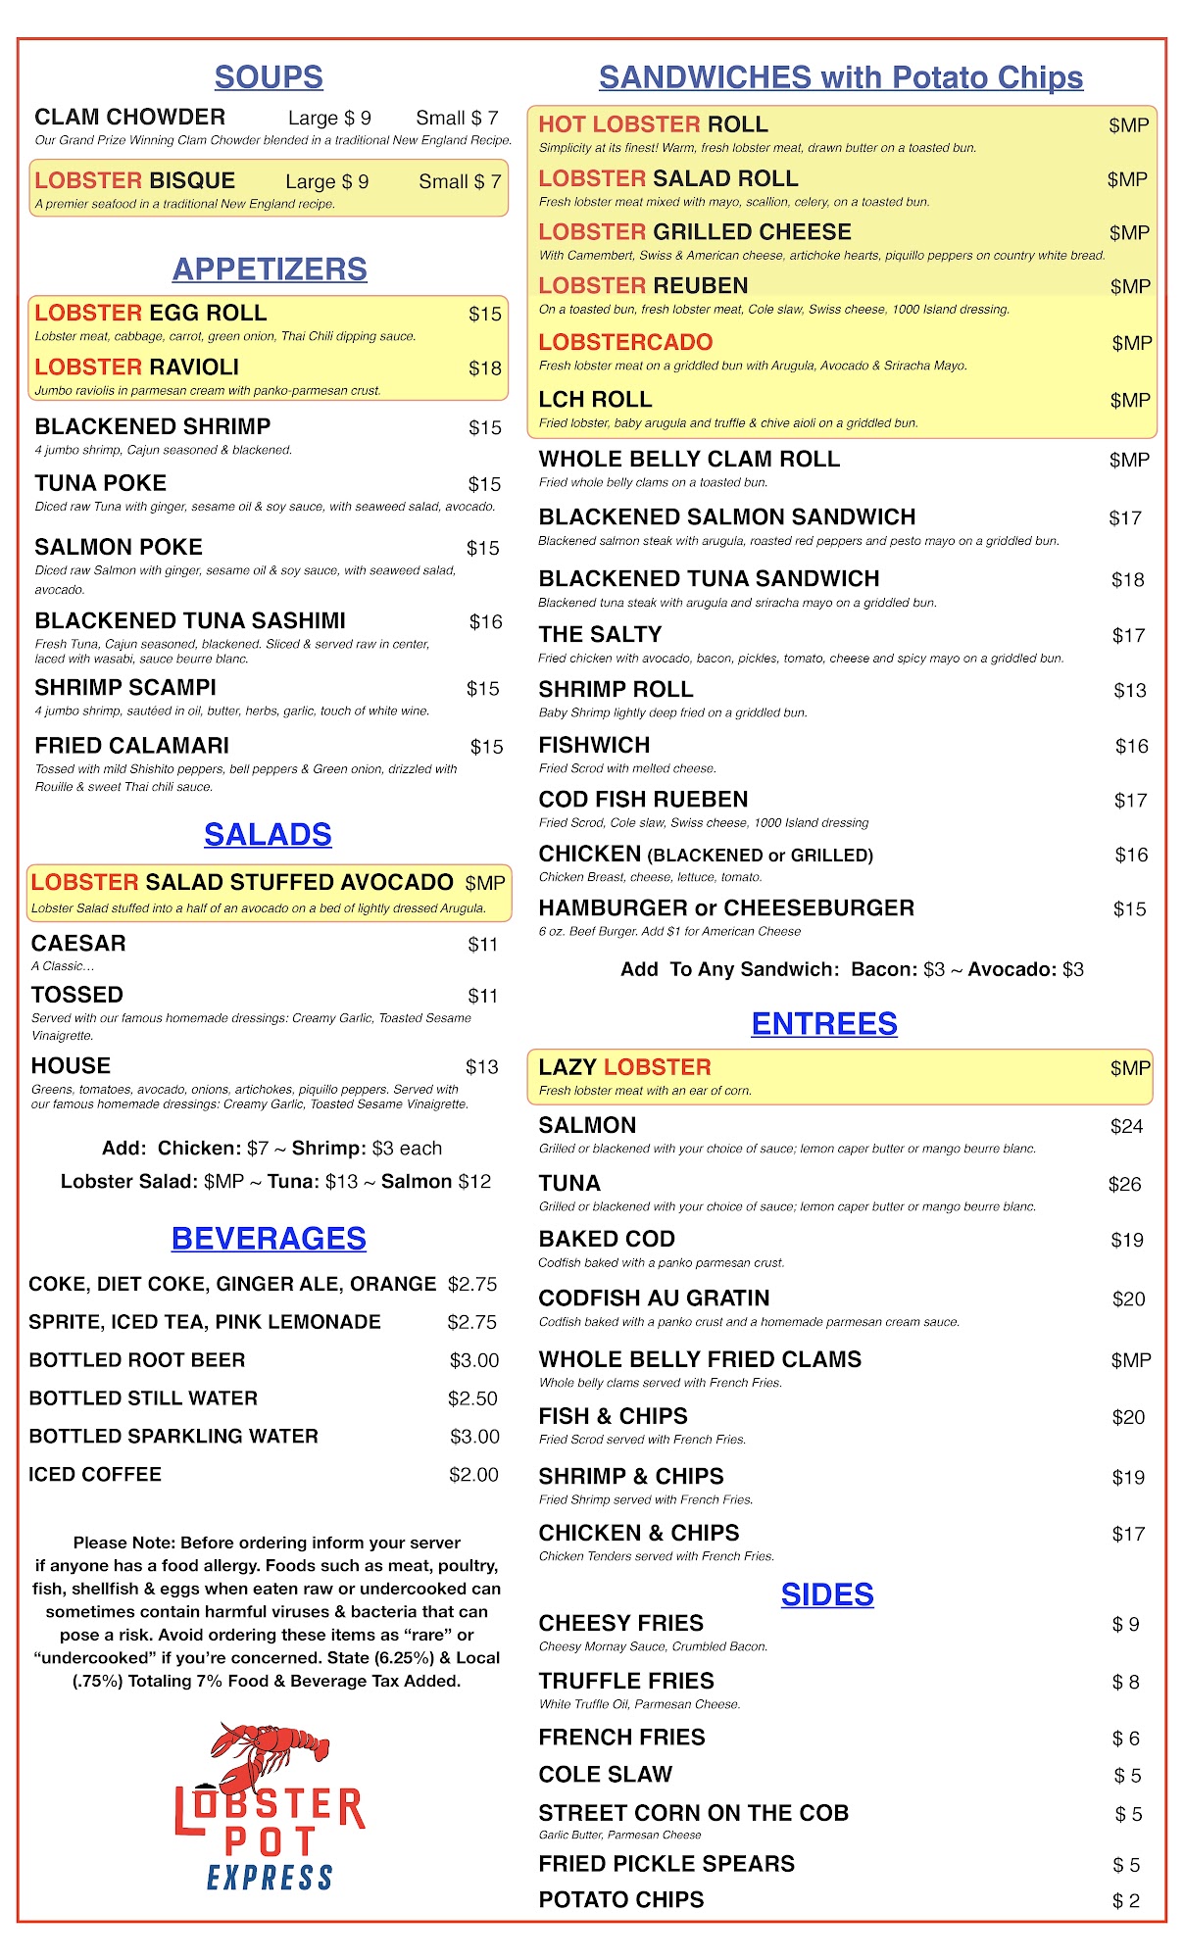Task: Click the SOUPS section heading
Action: click(x=269, y=77)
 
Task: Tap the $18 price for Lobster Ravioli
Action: click(x=484, y=368)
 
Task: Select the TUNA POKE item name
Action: click(x=101, y=483)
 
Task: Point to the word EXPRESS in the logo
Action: click(x=270, y=1878)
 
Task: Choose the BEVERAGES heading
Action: click(x=269, y=1239)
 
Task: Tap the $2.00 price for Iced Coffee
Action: click(x=473, y=1475)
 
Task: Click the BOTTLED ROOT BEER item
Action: click(x=137, y=1360)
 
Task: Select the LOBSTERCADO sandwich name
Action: click(x=625, y=342)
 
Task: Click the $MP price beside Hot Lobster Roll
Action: click(x=1128, y=125)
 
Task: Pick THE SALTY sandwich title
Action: click(x=600, y=634)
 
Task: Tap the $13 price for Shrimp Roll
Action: click(x=1129, y=691)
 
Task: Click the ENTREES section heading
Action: click(x=824, y=1023)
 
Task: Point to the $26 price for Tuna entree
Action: click(x=1124, y=1185)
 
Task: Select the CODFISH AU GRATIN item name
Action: click(x=654, y=1298)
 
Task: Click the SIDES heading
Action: click(x=827, y=1594)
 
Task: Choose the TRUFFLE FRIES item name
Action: click(x=626, y=1681)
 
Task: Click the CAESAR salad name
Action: click(x=78, y=943)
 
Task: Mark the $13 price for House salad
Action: click(x=481, y=1067)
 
